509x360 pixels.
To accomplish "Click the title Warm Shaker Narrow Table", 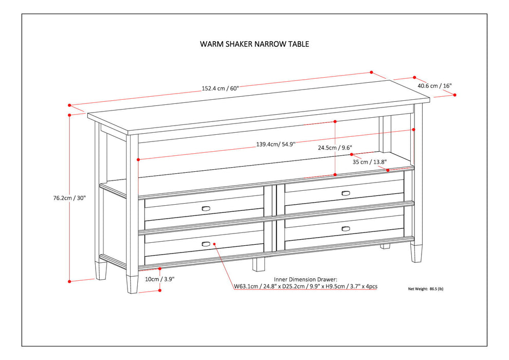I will [254, 44].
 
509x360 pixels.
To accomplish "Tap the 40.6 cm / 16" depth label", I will [434, 86].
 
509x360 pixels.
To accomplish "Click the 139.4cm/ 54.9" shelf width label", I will [276, 145].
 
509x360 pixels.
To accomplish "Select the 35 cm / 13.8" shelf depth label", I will [369, 161].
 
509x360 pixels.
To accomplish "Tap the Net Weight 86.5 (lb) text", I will [425, 289].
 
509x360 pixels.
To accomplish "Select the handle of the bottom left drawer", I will [206, 243].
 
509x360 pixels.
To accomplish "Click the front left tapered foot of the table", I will [132, 284].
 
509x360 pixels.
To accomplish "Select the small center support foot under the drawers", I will [259, 264].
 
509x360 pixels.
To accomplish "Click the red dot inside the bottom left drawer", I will [214, 244].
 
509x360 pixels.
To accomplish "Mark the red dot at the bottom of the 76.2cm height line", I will [69, 281].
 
